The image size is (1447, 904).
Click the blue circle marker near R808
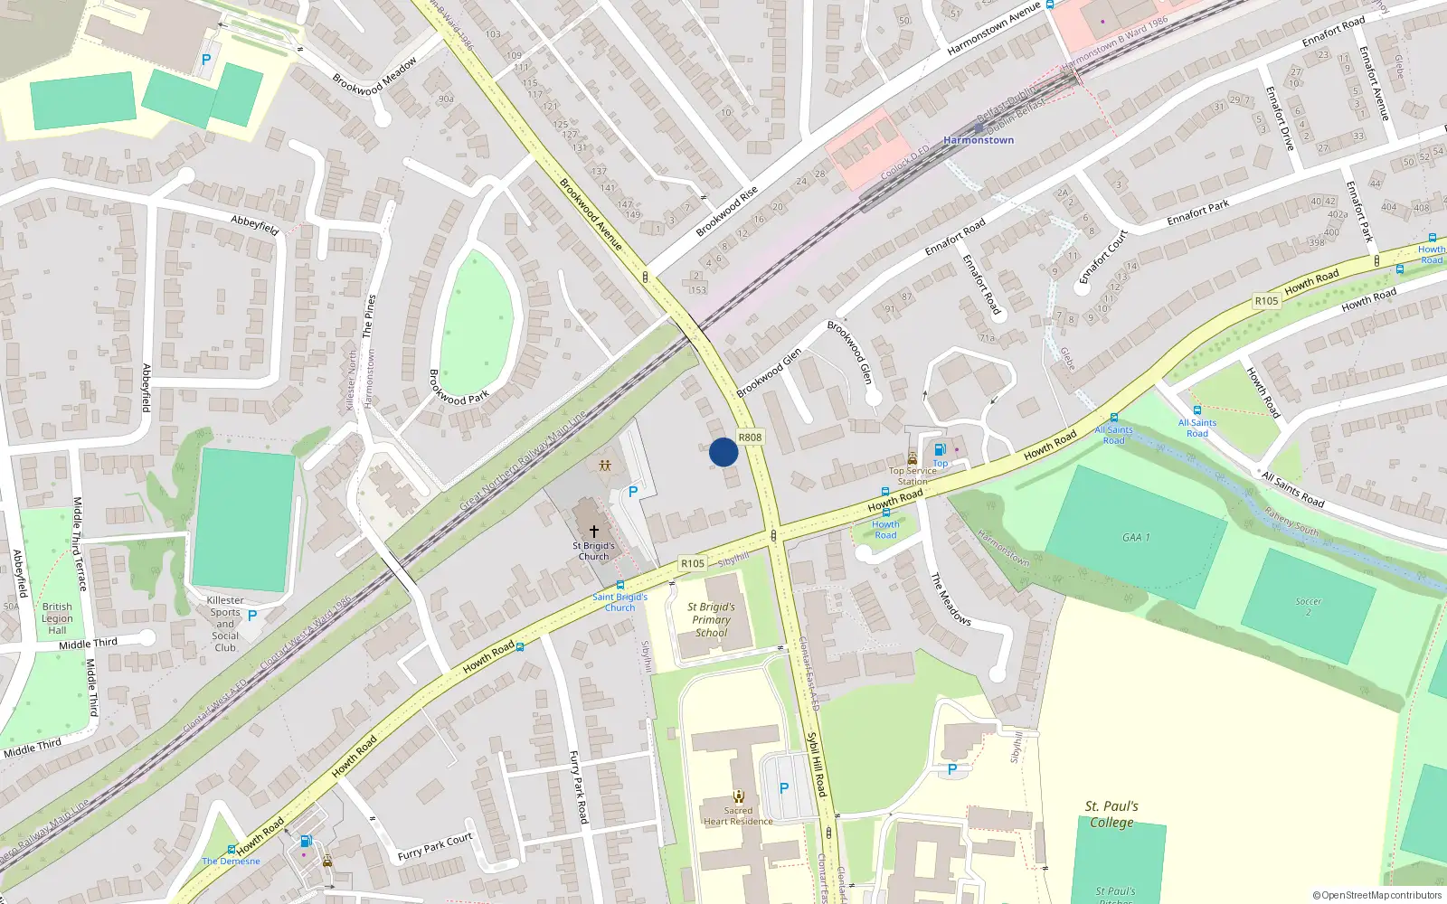coord(723,452)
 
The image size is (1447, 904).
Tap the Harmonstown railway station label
coord(979,140)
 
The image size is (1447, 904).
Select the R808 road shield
coord(750,438)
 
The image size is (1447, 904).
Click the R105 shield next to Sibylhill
coord(692,563)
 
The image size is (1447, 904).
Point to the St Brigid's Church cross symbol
coord(593,532)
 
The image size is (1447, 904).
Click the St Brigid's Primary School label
coord(711,620)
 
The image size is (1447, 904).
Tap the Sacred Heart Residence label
coord(738,816)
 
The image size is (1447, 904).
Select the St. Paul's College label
coord(1111,814)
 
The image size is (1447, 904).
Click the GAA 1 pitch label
coord(1136,537)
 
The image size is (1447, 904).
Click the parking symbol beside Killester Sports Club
coord(252,615)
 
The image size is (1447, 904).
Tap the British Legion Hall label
coord(57,618)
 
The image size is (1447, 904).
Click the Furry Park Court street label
coord(435,847)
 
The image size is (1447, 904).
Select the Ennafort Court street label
coord(1103,256)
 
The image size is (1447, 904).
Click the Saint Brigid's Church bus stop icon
coord(619,585)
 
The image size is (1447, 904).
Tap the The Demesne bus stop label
coord(231,862)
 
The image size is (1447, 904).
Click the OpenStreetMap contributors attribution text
coord(1376,895)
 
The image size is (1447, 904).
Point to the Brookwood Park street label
coord(459,386)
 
